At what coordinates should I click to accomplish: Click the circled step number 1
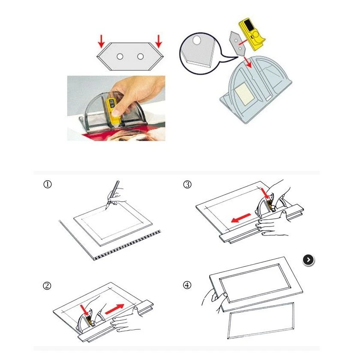click(48, 184)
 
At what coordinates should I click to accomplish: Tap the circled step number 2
click(47, 286)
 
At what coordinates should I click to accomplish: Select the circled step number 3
click(187, 184)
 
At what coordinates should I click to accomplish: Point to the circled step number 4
click(187, 285)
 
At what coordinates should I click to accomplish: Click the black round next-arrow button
click(309, 260)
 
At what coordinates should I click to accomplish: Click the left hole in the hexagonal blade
click(120, 57)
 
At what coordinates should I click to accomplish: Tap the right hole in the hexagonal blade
click(140, 57)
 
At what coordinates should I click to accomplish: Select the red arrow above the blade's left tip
click(101, 41)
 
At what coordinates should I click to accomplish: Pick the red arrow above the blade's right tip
click(159, 41)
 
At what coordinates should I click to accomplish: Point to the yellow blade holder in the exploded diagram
click(252, 34)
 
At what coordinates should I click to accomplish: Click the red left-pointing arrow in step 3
click(241, 218)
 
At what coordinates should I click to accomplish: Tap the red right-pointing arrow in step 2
click(114, 309)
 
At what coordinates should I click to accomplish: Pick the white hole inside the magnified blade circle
click(196, 40)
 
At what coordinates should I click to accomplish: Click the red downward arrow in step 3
click(264, 194)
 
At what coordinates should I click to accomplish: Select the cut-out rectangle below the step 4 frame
click(261, 321)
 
